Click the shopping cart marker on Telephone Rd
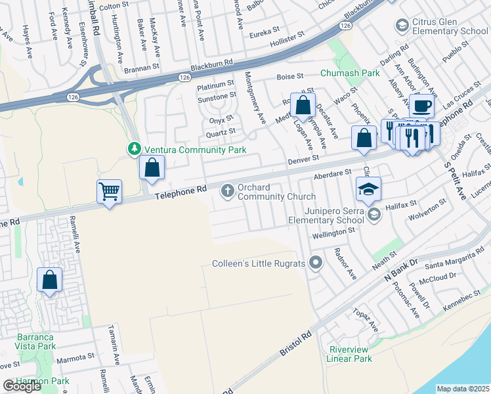(110, 192)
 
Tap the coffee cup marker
(421, 106)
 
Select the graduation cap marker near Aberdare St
(368, 189)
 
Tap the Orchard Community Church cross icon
(228, 191)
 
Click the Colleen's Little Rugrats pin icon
(316, 264)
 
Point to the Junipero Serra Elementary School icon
(374, 214)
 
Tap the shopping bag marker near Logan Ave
(303, 105)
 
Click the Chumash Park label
(345, 73)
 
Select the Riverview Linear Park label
(351, 354)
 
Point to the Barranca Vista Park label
(28, 341)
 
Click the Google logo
(22, 386)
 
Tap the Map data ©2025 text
(463, 389)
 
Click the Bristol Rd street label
(295, 343)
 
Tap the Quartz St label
(220, 132)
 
